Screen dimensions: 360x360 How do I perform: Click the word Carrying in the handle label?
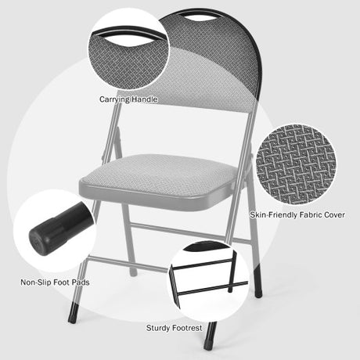(x=114, y=99)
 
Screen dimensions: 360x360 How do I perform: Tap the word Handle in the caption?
(x=145, y=99)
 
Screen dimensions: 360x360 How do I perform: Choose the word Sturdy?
(x=158, y=328)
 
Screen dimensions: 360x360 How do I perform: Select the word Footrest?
(x=187, y=328)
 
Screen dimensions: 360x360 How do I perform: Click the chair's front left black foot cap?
(x=73, y=312)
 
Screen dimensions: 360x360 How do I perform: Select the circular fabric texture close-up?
(x=297, y=164)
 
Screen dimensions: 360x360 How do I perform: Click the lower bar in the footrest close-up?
(x=213, y=288)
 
